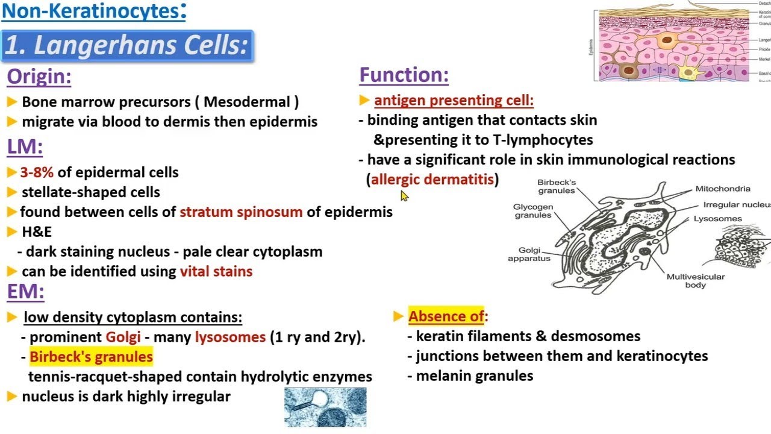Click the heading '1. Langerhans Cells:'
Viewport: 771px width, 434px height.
pyautogui.click(x=127, y=46)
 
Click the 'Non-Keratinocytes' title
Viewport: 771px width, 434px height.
pyautogui.click(x=93, y=11)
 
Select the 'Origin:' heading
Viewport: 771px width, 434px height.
pyautogui.click(x=39, y=77)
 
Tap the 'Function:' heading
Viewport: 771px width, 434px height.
pyautogui.click(x=404, y=75)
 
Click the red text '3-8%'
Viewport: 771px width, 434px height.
pyautogui.click(x=37, y=172)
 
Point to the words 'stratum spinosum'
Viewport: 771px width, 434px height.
pyautogui.click(x=241, y=212)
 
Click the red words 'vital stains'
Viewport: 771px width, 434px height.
pyautogui.click(x=216, y=271)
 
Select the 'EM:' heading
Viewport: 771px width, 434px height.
pyautogui.click(x=26, y=292)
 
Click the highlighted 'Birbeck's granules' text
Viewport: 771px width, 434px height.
pyautogui.click(x=91, y=357)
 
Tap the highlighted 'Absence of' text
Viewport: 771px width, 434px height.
pyautogui.click(x=446, y=316)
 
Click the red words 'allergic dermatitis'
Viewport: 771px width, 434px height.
pyautogui.click(x=432, y=180)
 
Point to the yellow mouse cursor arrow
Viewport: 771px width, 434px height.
pyautogui.click(x=404, y=196)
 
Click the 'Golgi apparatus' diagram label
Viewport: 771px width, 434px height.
pyautogui.click(x=529, y=254)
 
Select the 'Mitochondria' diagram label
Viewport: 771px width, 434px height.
pyautogui.click(x=723, y=189)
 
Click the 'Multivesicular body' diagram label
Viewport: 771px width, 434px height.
pyautogui.click(x=695, y=281)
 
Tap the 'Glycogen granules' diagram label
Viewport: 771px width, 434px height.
pyautogui.click(x=532, y=211)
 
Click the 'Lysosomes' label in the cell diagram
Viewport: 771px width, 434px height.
pyautogui.click(x=717, y=219)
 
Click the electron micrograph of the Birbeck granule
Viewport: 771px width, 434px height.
pyautogui.click(x=325, y=407)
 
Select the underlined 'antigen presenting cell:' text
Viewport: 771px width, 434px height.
pyautogui.click(x=454, y=101)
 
